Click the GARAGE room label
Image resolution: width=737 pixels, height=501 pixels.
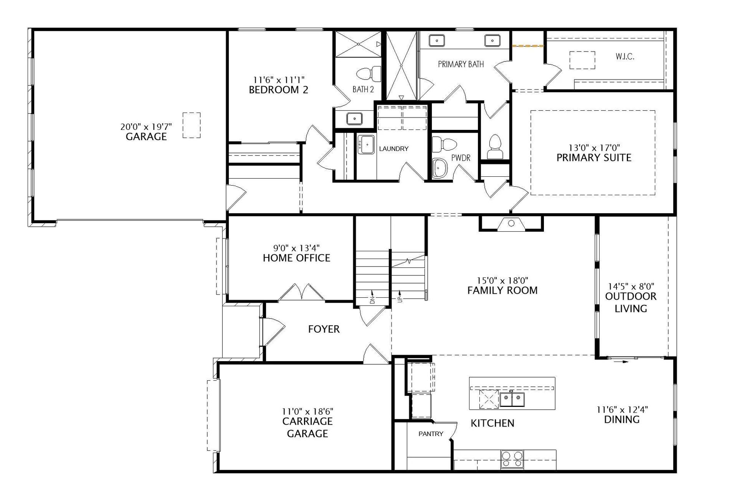(x=146, y=137)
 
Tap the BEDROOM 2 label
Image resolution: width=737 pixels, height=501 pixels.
(x=279, y=90)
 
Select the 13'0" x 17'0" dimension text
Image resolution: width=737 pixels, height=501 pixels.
(x=594, y=148)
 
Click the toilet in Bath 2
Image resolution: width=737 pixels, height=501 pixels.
(x=369, y=73)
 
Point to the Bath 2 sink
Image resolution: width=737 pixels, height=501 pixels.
(x=355, y=118)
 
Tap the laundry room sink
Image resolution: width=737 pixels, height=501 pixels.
(x=366, y=144)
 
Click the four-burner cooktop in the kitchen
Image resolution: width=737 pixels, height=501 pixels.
(x=512, y=459)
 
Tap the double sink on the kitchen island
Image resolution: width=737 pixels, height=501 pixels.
(x=512, y=399)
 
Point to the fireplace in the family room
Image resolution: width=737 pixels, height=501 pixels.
(x=511, y=223)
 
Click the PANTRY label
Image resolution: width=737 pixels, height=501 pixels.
(x=431, y=434)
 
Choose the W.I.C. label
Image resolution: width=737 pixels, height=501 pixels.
(x=625, y=57)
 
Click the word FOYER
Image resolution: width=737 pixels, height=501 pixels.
(x=324, y=329)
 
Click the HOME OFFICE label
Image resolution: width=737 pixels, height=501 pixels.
(x=297, y=258)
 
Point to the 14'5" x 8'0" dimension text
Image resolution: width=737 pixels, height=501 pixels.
(x=631, y=287)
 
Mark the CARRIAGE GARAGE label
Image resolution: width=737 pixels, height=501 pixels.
(x=307, y=428)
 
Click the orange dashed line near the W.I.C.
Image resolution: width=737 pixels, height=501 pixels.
(x=528, y=46)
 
